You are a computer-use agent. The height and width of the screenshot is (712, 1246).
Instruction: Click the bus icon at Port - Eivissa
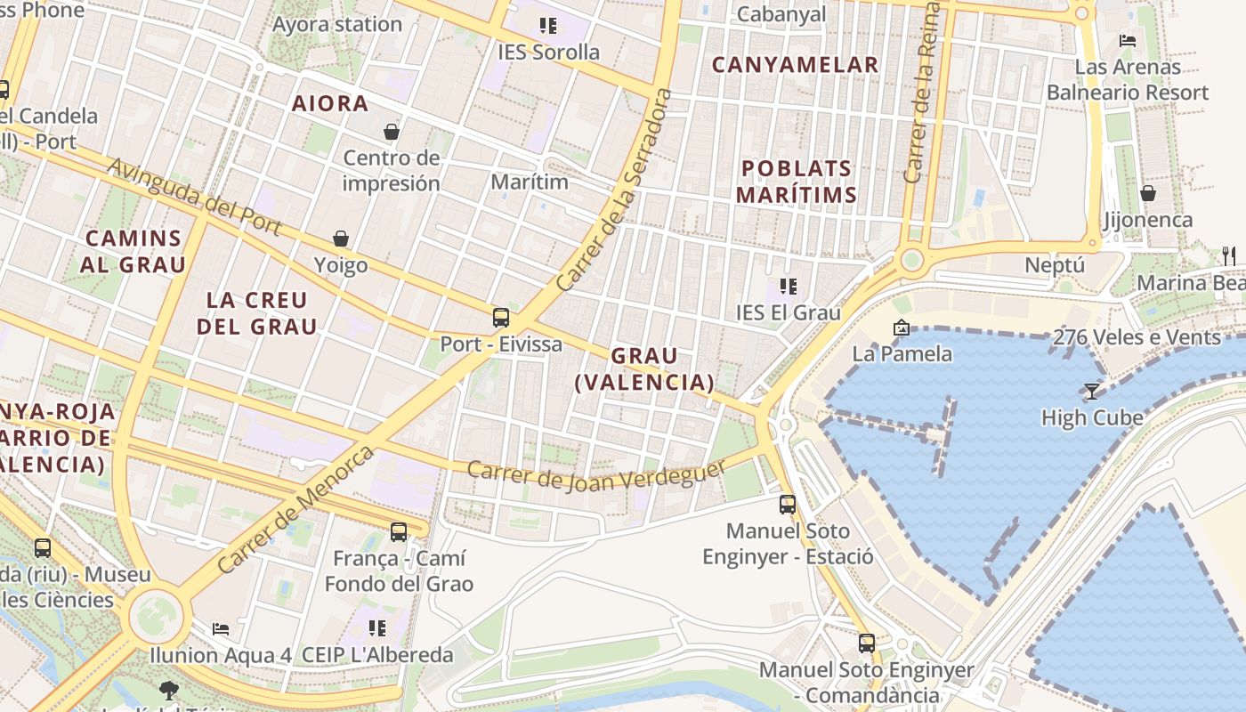point(501,318)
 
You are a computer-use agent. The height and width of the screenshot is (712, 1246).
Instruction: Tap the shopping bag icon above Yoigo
point(341,239)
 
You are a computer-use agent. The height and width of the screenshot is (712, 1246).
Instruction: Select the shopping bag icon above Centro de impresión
point(391,133)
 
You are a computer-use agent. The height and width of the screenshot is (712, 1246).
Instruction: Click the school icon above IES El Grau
point(788,287)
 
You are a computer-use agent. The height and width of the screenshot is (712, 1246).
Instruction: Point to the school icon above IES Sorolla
point(547,26)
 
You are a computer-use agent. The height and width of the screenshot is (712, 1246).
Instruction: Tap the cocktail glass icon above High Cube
point(1091,391)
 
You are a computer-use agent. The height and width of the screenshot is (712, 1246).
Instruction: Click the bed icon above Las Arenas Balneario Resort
point(1128,40)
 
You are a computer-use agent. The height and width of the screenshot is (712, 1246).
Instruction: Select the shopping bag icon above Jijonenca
point(1148,193)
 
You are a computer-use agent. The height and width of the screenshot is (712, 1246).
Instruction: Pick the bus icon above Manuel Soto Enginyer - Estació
point(788,505)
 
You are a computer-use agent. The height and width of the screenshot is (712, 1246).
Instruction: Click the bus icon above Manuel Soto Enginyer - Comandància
point(867,643)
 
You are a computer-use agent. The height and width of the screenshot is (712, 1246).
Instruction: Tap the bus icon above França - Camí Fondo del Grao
point(399,532)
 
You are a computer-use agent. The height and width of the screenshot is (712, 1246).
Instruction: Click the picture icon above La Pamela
point(902,328)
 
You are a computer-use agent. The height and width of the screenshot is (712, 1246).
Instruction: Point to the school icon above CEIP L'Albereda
point(377,628)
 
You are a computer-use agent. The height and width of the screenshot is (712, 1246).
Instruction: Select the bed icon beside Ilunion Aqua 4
point(221,629)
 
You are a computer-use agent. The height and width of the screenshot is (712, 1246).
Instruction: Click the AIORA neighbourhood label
point(330,103)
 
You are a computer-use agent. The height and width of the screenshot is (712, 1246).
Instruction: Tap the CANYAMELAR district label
point(796,65)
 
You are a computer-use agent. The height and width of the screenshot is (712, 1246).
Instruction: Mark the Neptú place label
point(1055,265)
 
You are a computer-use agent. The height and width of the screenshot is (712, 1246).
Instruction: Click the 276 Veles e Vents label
point(1137,337)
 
